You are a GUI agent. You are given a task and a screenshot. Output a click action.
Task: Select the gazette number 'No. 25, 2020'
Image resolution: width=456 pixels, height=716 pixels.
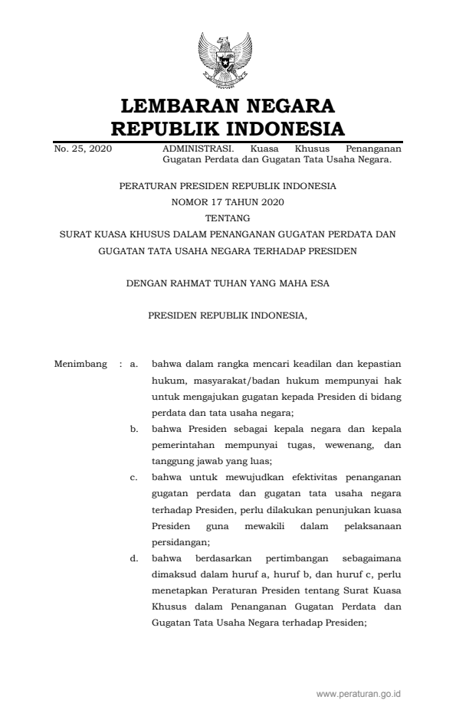point(83,148)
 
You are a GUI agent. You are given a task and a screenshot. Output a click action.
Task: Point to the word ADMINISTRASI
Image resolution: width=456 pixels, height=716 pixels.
point(192,148)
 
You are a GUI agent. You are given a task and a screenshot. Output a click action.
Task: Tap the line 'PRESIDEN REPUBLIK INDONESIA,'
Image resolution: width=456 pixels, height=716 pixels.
point(228,315)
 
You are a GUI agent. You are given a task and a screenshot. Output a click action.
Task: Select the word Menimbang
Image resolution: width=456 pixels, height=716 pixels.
point(80,364)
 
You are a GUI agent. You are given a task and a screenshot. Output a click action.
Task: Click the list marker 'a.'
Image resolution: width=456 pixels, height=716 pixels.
point(134,364)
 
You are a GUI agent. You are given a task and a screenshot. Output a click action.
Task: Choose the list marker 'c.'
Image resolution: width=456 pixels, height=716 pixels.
point(134,476)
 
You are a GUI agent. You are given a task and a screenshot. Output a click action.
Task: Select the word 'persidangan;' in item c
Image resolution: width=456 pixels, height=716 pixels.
point(176,541)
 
